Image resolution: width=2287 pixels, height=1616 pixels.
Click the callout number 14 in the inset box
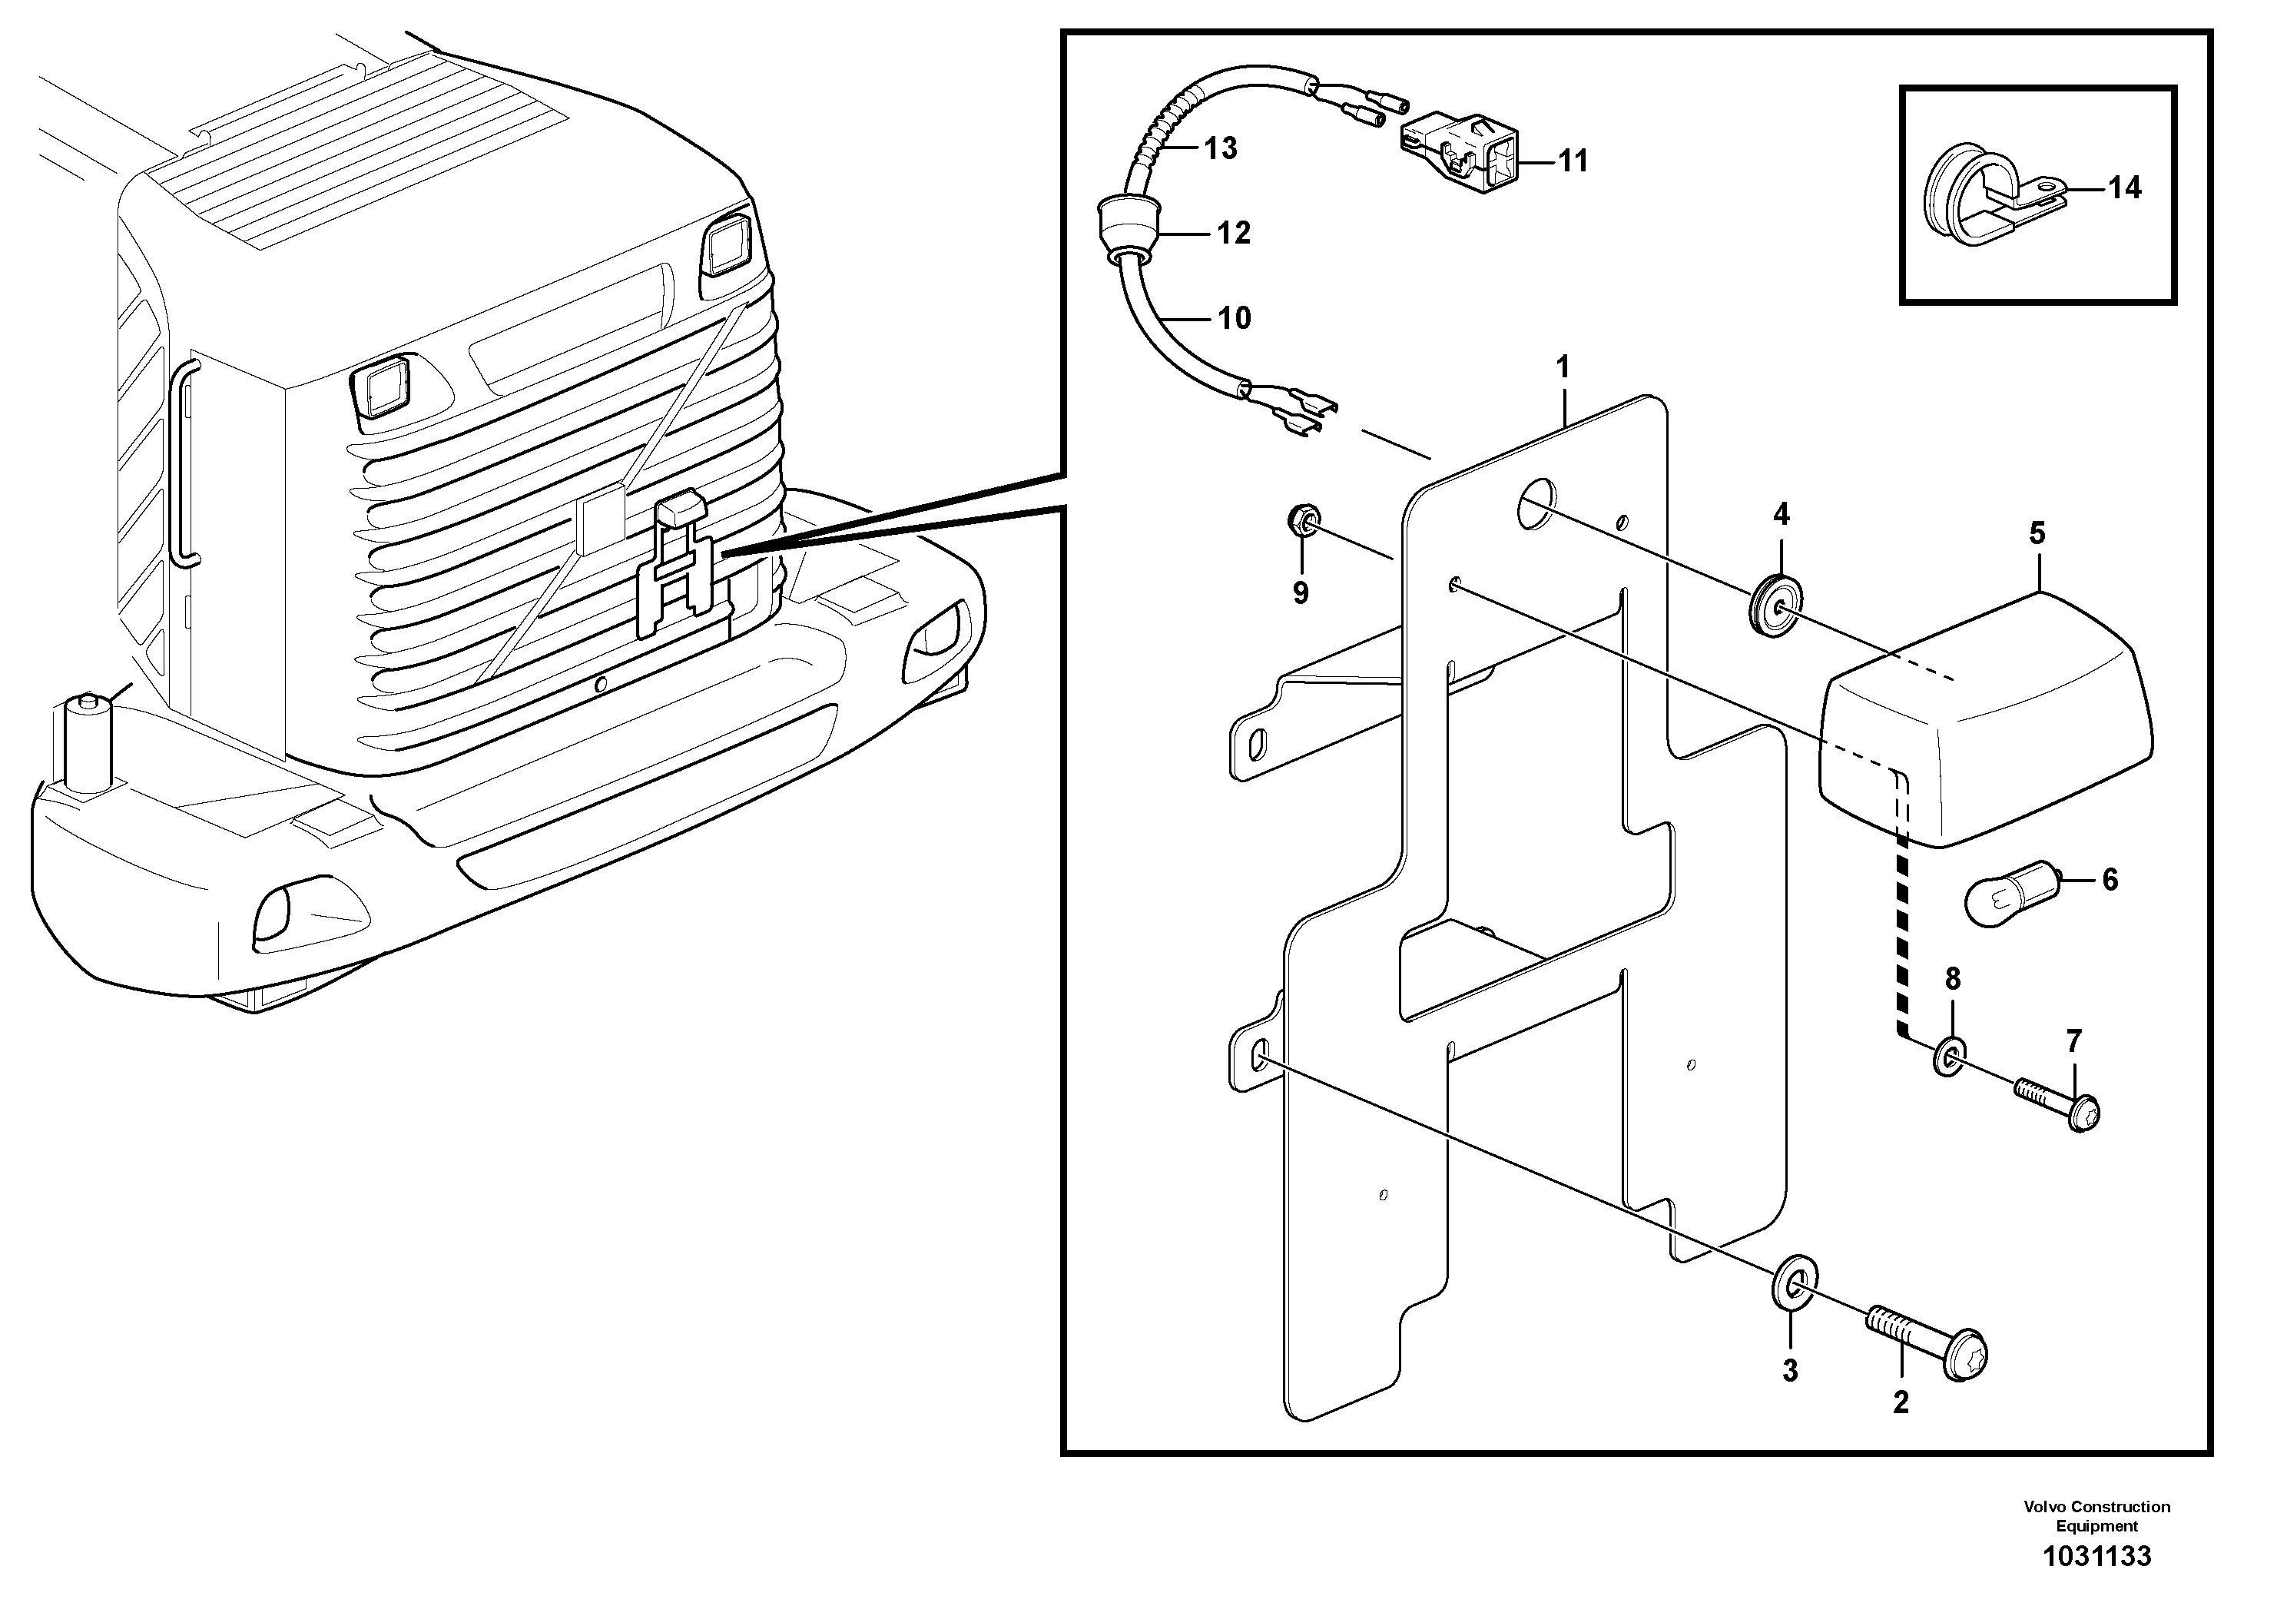pos(2125,188)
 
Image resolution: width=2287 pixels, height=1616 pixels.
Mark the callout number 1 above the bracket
pos(1563,367)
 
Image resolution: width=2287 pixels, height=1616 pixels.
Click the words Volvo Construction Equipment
pos(2096,1516)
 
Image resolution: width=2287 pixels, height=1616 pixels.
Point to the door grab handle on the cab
pos(185,463)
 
